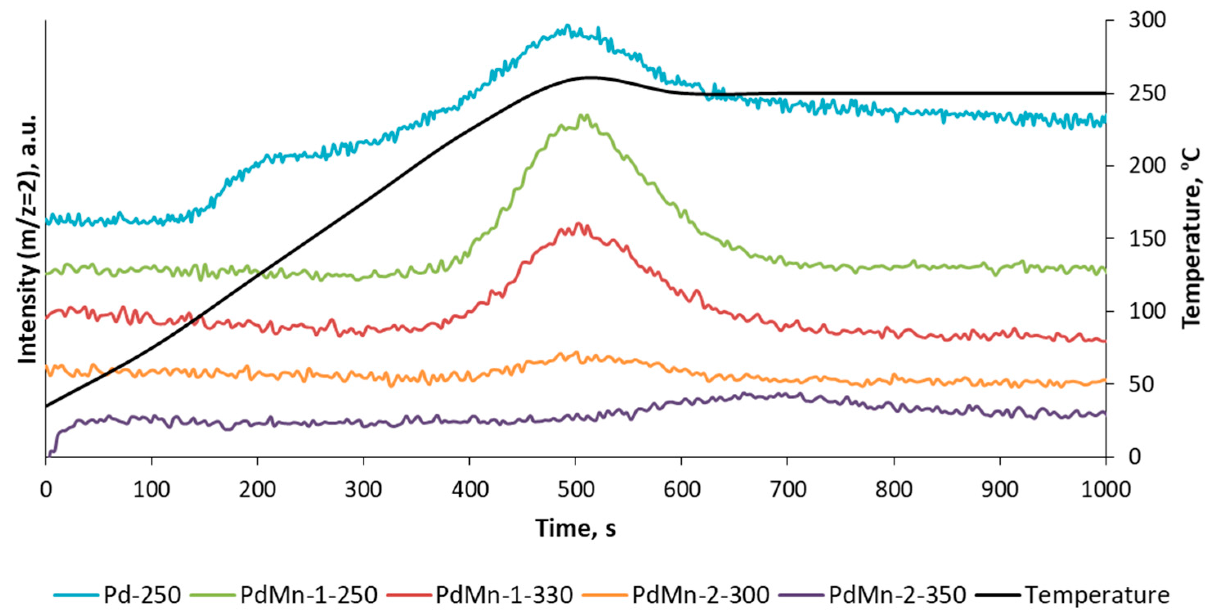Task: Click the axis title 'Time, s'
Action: click(x=575, y=528)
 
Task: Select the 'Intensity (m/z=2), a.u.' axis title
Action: click(x=27, y=238)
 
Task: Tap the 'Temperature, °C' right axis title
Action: click(x=1191, y=238)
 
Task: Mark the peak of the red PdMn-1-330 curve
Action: click(x=578, y=224)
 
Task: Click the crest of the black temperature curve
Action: click(x=590, y=77)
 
